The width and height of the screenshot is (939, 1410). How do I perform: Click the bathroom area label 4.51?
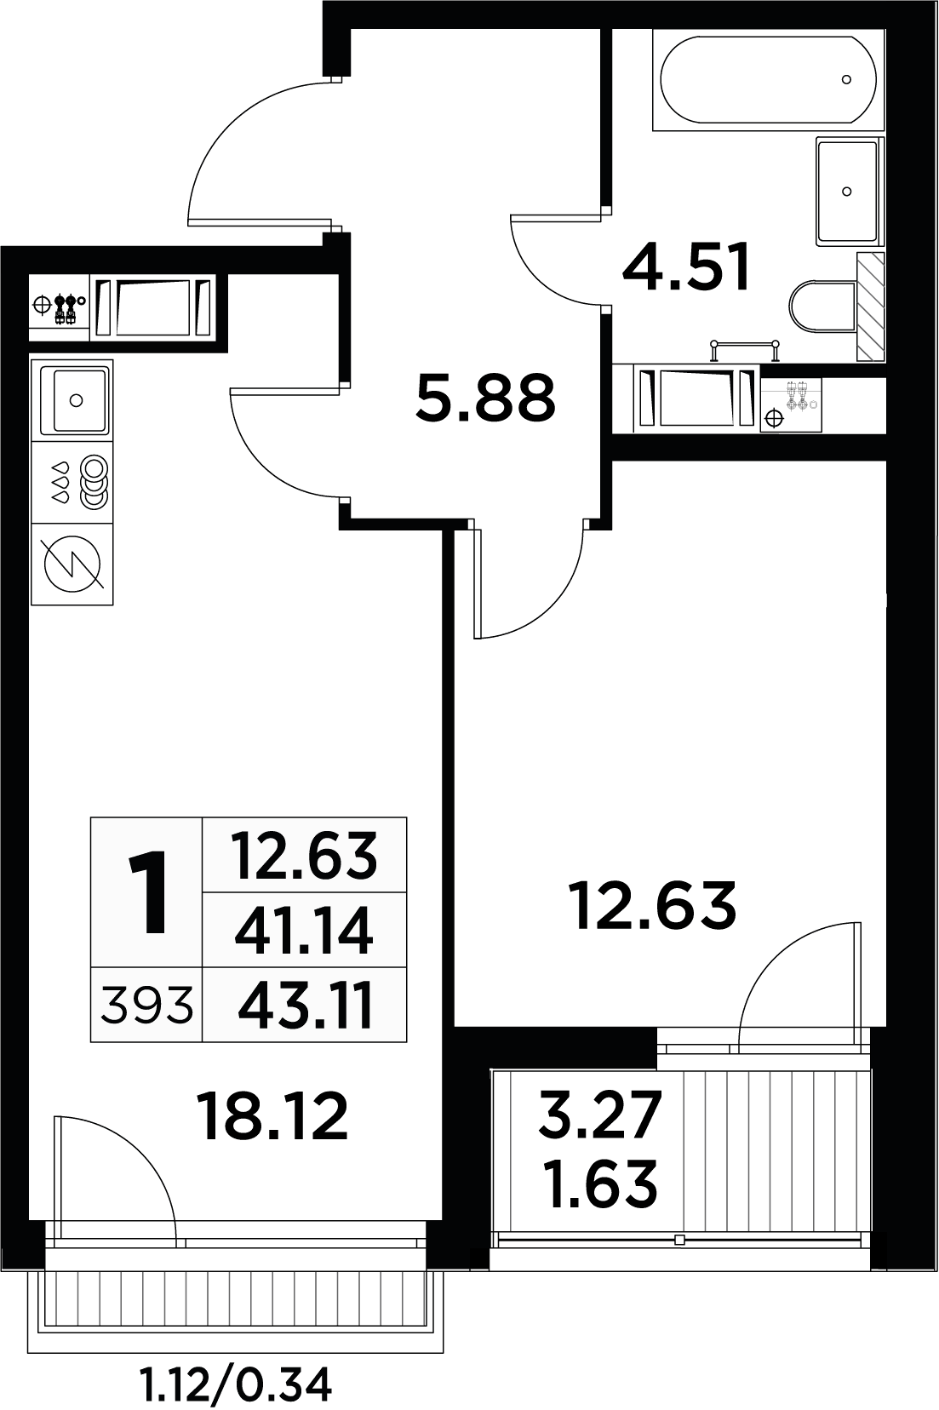pos(687,267)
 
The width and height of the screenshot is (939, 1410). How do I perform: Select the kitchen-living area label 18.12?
pos(272,1116)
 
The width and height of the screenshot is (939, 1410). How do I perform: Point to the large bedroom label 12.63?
pos(652,906)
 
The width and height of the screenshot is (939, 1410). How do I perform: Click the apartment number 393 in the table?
pos(146,1006)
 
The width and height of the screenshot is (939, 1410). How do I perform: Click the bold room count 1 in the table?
pos(148,892)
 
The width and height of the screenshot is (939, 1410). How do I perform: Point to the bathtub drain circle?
pos(846,79)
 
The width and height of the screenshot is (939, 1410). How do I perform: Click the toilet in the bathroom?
pos(822,307)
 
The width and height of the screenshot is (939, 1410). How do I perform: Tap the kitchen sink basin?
pos(76,399)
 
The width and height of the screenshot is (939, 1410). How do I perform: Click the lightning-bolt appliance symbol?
pos(72,565)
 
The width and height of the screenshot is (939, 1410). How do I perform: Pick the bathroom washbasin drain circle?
pos(846,192)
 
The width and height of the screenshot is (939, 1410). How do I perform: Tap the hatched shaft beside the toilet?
pos(870,307)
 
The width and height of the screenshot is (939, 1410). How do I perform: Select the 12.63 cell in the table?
pos(305,856)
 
